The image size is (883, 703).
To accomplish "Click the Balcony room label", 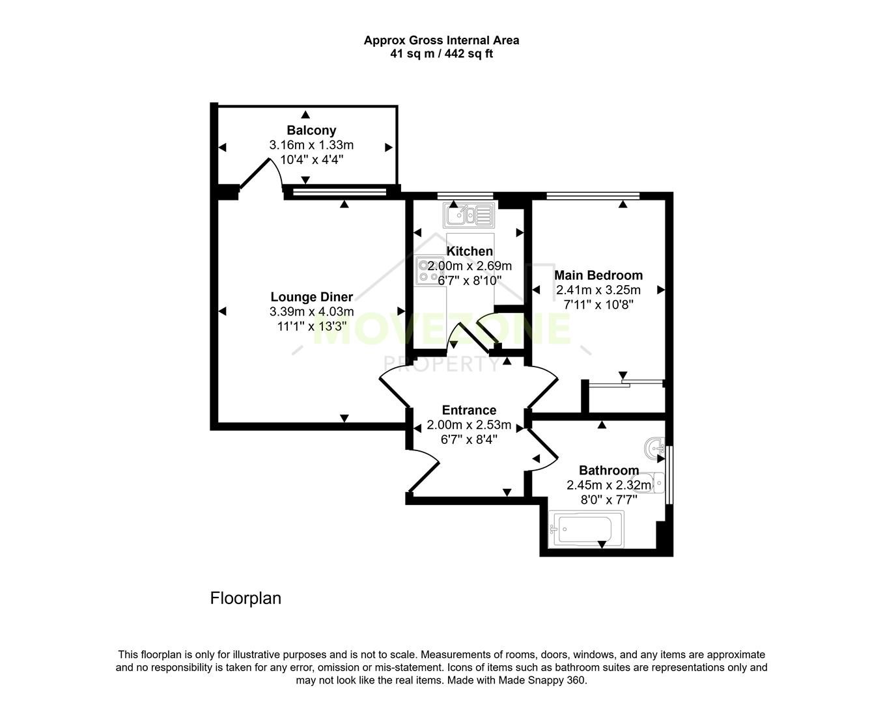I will click(311, 130).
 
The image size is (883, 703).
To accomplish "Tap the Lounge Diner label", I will click(311, 297).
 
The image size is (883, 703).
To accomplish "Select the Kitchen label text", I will click(470, 251).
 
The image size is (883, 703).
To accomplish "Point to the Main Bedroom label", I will click(598, 275).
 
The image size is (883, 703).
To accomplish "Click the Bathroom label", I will click(608, 470).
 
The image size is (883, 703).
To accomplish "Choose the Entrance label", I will click(469, 410).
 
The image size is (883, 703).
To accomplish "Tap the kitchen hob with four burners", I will click(430, 270).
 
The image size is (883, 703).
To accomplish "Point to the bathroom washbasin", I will click(654, 447).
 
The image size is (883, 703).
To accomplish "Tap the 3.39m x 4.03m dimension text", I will click(311, 312).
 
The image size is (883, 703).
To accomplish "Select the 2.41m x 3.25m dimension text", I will click(598, 290).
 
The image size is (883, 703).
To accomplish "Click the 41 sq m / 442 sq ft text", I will click(441, 54).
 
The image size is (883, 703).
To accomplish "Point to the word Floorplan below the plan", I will click(245, 598).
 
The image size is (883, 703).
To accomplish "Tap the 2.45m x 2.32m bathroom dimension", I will click(608, 485).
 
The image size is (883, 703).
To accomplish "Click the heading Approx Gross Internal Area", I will click(441, 40).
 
